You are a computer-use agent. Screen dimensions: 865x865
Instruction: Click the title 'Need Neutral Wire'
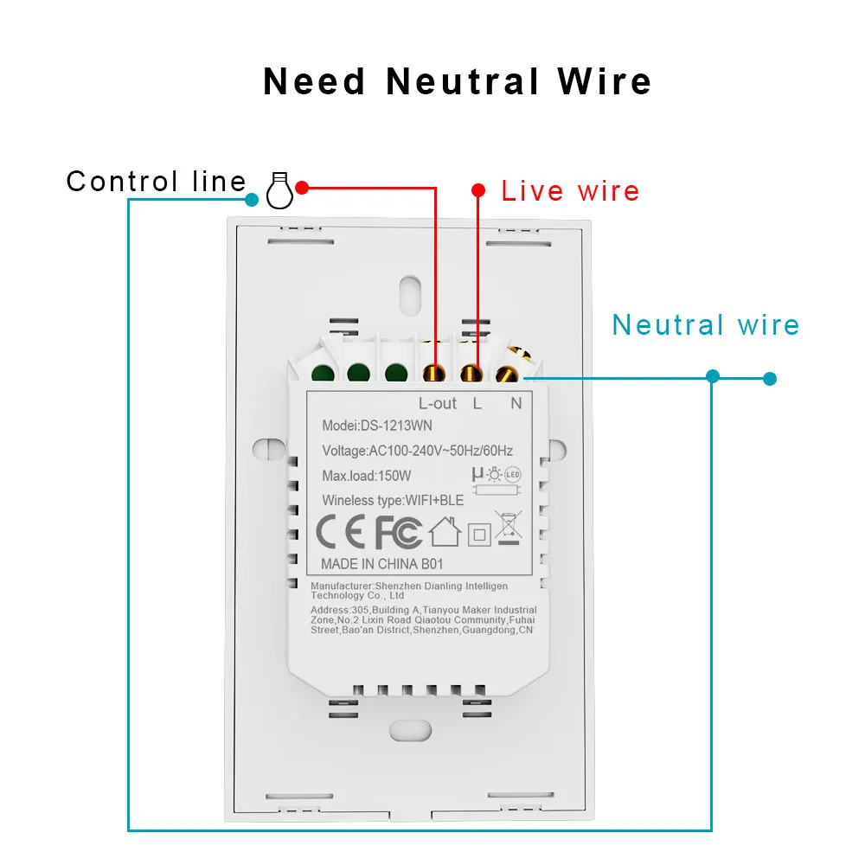click(458, 81)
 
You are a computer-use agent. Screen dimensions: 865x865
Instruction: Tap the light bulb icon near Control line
click(279, 189)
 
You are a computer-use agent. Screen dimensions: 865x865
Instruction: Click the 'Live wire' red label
click(570, 191)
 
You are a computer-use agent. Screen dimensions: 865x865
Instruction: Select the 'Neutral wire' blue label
click(706, 324)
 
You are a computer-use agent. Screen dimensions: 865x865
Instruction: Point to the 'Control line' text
click(156, 181)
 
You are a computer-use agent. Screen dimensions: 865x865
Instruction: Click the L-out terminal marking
click(438, 403)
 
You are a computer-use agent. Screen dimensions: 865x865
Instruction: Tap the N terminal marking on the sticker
click(516, 403)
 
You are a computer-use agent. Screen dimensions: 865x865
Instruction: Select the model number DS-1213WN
click(396, 426)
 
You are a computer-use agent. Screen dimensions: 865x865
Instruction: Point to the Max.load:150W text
click(366, 476)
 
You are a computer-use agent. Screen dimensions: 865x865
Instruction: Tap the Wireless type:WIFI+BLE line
click(393, 500)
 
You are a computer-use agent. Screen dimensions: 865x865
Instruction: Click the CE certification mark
click(340, 532)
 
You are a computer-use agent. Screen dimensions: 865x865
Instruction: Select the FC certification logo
click(398, 532)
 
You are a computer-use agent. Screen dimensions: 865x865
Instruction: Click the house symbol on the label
click(445, 532)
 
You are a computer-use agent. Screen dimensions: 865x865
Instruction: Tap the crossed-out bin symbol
click(508, 528)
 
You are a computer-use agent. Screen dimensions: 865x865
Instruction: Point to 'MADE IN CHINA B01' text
click(381, 564)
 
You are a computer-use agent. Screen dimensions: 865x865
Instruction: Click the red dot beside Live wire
click(478, 190)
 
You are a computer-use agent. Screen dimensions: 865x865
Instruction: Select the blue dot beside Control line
click(252, 199)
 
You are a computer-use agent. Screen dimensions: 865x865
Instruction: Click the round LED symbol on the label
click(513, 474)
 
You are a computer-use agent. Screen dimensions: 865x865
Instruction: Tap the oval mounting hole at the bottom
click(410, 730)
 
